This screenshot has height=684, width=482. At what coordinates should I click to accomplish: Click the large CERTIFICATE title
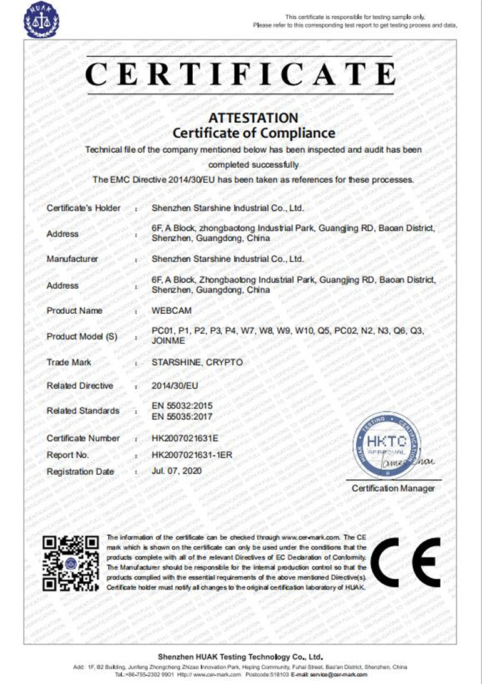[x=240, y=74]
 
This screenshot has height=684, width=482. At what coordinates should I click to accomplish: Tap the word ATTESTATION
[x=254, y=118]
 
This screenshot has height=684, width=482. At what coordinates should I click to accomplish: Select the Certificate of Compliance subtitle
[x=254, y=133]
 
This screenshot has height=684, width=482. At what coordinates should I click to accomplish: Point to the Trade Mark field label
[x=69, y=362]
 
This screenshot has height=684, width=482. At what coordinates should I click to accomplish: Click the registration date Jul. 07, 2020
[x=178, y=471]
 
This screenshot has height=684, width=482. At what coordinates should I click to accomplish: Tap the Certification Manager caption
[x=393, y=488]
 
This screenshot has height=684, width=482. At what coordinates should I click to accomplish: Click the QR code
[x=71, y=563]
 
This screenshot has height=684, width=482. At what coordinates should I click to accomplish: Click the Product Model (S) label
[x=82, y=336]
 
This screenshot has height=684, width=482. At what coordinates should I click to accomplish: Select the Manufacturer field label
[x=72, y=258]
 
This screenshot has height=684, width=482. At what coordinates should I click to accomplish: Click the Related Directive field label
[x=80, y=386]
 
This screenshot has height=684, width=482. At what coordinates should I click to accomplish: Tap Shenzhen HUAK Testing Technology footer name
[x=240, y=656]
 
